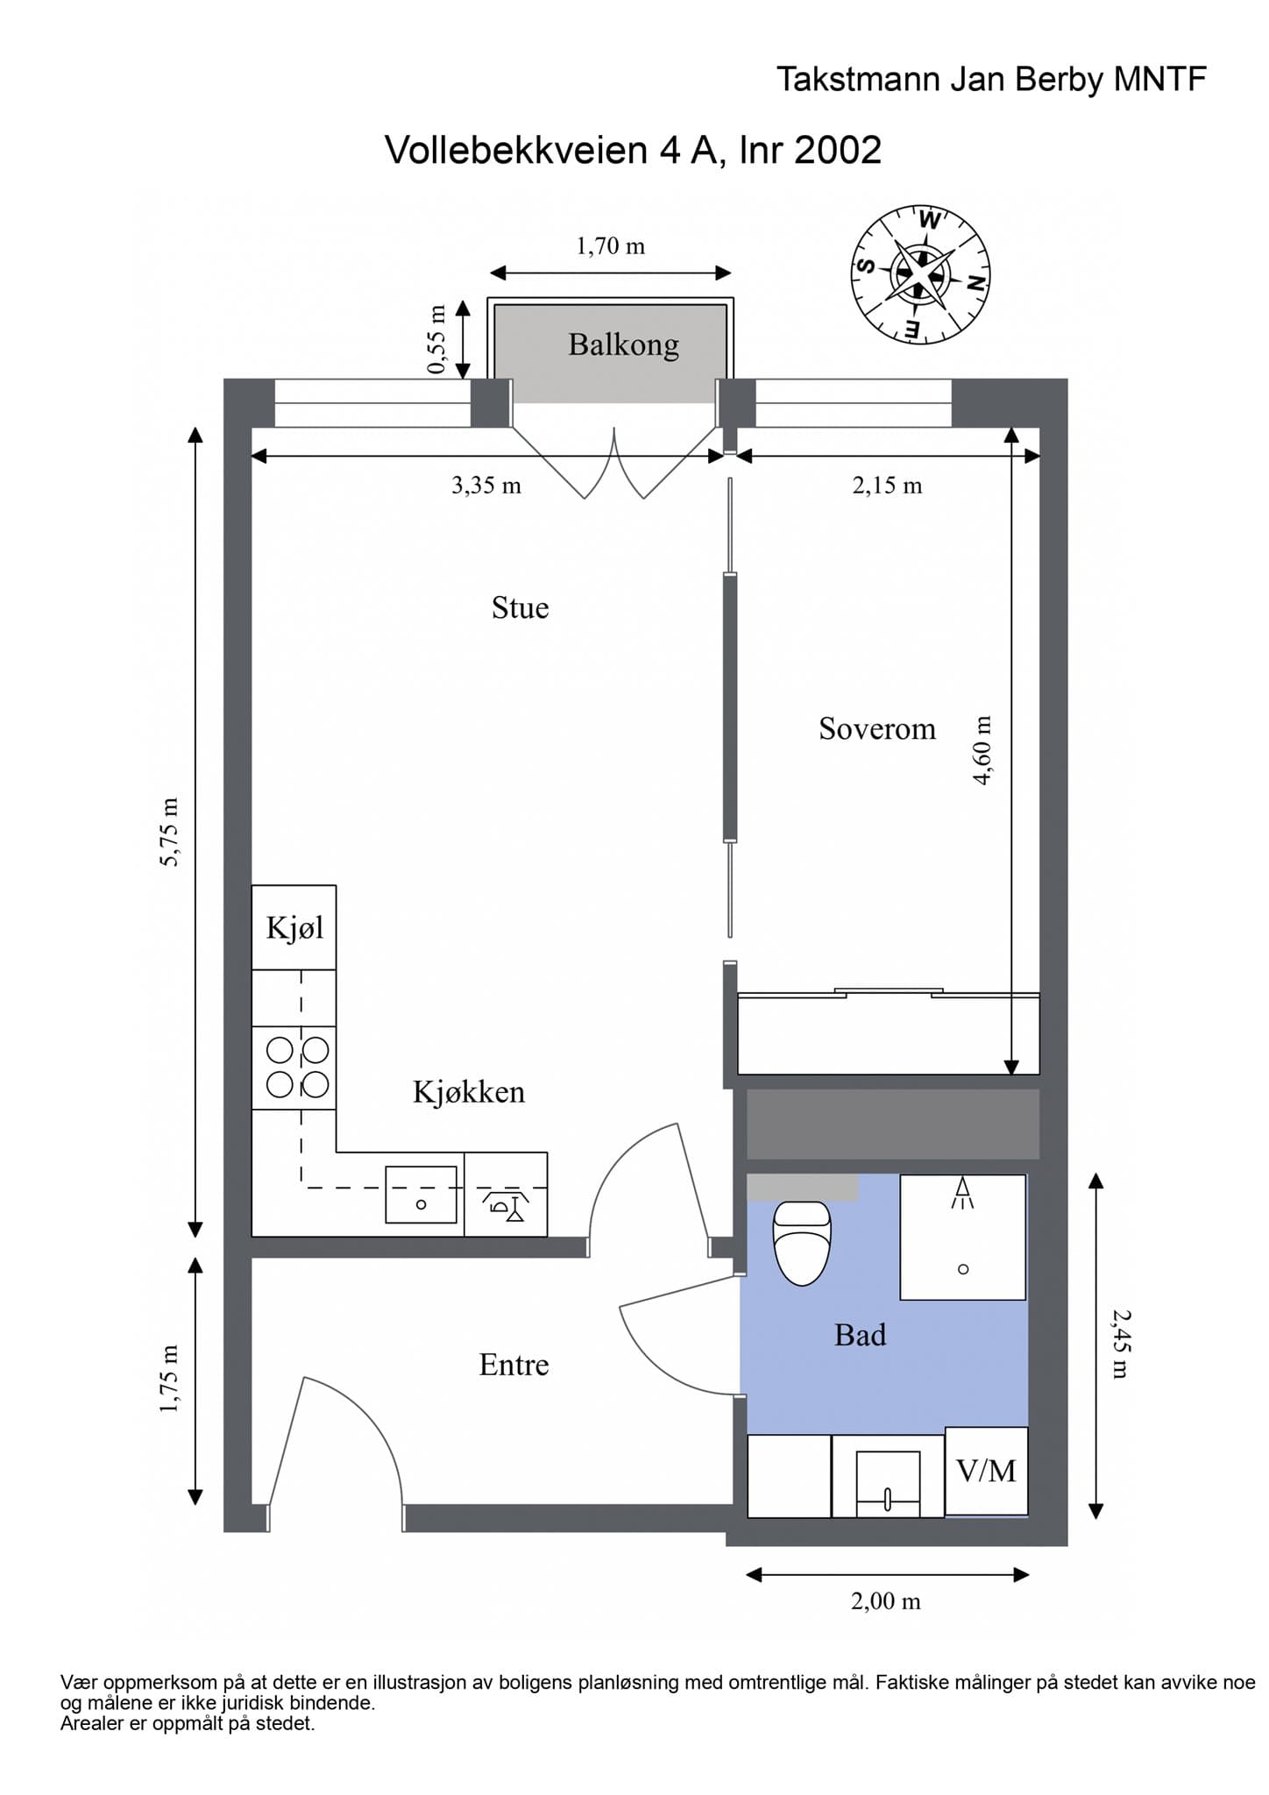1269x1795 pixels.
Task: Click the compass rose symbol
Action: [x=920, y=275]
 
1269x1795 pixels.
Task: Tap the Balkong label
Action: [x=623, y=344]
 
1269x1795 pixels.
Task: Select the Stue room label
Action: [x=520, y=607]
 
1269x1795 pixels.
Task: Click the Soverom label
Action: [x=877, y=728]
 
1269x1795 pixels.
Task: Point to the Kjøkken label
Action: [x=469, y=1091]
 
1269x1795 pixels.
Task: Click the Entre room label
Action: [x=514, y=1365]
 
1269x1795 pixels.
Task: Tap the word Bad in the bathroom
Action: [x=860, y=1335]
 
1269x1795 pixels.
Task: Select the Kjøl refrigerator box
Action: [x=294, y=927]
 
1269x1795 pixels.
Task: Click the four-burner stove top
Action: [x=294, y=1068]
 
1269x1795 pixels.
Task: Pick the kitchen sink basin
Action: [x=422, y=1195]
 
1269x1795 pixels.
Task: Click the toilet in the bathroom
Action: [x=802, y=1243]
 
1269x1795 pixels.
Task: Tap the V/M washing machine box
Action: [x=987, y=1472]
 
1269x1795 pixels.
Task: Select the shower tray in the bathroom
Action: [x=963, y=1237]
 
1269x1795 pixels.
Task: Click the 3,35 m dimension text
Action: [x=486, y=485]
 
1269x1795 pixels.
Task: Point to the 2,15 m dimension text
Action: [x=887, y=485]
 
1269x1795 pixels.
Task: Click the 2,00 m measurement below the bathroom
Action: [x=886, y=1601]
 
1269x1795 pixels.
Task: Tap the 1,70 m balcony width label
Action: [x=610, y=246]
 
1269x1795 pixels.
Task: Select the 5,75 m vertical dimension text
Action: [x=169, y=832]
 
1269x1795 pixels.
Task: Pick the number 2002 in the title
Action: [x=838, y=150]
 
